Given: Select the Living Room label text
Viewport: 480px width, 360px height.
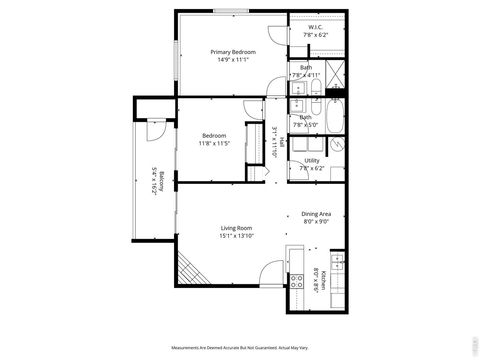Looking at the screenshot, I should (236, 228).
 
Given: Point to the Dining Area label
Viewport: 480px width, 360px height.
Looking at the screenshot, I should (316, 214).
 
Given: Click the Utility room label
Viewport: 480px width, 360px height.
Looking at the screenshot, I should (312, 160).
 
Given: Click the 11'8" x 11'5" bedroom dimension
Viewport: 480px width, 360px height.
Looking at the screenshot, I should (215, 144).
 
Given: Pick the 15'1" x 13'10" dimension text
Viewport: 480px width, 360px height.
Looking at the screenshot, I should (237, 237).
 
